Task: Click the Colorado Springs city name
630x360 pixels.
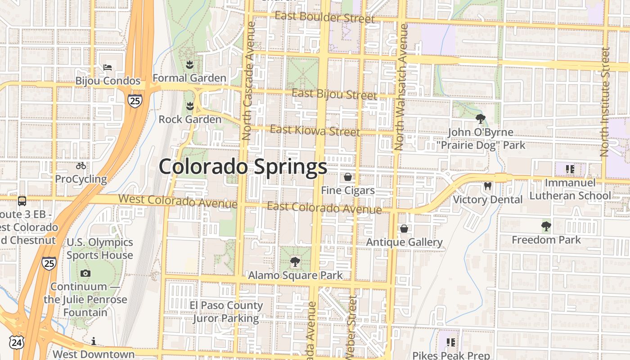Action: pos(243,166)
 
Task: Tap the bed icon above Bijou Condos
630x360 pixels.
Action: pos(108,67)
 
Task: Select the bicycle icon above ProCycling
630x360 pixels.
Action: pos(81,166)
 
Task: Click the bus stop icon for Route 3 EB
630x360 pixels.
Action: pos(22,201)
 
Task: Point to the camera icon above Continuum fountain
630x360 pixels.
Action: pos(85,273)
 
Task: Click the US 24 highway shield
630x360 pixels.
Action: pos(16,342)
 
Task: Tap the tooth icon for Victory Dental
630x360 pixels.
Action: pos(487,186)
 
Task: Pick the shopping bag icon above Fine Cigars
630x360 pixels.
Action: pos(347,177)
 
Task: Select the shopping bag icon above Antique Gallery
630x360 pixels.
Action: pos(404,229)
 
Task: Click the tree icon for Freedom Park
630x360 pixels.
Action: pos(546,226)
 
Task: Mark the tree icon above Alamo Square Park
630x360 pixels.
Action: pos(295,261)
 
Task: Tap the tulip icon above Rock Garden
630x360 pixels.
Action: pos(190,106)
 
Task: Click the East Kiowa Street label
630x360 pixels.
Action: pos(315,131)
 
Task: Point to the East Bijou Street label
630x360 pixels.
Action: pos(334,94)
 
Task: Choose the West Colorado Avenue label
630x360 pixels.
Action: pos(178,201)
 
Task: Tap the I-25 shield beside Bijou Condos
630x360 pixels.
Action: pos(135,101)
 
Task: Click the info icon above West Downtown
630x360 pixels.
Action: pos(94,341)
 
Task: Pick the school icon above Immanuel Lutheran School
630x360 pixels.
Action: pos(571,169)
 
